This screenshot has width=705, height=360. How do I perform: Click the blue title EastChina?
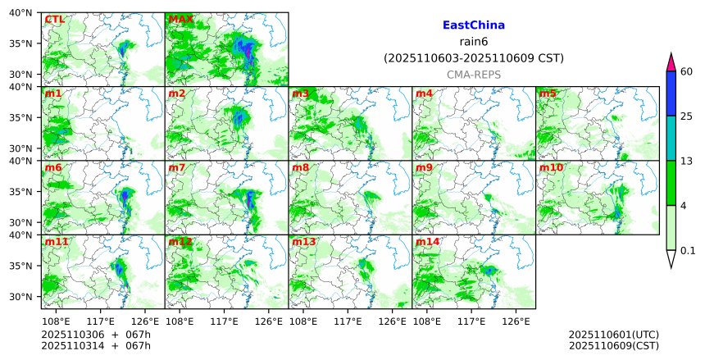(473, 25)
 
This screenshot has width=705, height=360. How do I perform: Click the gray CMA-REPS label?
(473, 75)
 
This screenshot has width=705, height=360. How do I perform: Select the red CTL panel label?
(55, 19)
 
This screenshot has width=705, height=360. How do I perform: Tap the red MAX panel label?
(180, 19)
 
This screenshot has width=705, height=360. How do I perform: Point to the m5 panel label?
(548, 93)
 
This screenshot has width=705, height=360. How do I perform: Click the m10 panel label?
(551, 168)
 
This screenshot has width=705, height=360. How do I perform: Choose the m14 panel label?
(427, 242)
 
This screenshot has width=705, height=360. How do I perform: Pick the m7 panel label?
(177, 168)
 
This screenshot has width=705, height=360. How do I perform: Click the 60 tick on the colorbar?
(687, 72)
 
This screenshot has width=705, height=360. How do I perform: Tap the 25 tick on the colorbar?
(687, 116)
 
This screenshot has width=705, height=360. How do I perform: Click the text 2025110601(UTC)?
(613, 335)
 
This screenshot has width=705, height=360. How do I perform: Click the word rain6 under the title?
(473, 42)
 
